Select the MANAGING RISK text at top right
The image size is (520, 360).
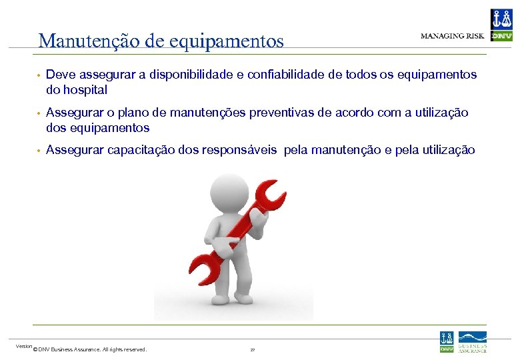point(452,36)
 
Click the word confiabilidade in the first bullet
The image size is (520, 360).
point(287,75)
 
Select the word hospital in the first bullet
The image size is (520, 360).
point(83,89)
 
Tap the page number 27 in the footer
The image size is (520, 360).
point(253,349)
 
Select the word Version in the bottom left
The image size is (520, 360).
point(24,346)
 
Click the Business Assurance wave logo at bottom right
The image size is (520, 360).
point(472,341)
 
